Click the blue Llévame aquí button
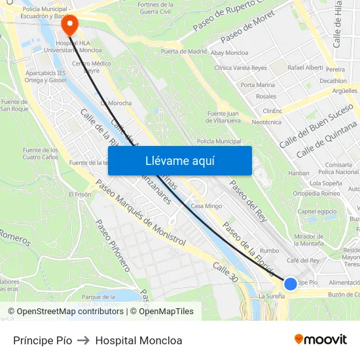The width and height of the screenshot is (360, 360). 179,160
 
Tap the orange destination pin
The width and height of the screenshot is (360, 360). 69,24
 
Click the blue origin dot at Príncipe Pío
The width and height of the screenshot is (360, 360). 291,283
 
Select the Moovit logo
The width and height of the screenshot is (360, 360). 320,340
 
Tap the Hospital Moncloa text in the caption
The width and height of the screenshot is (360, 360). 139,340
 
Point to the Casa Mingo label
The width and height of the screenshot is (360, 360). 206,206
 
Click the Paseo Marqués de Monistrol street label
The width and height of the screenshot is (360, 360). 141,213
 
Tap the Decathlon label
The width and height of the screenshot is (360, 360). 333,81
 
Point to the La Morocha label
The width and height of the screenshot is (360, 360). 116,103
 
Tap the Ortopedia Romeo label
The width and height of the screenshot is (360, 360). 316,193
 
